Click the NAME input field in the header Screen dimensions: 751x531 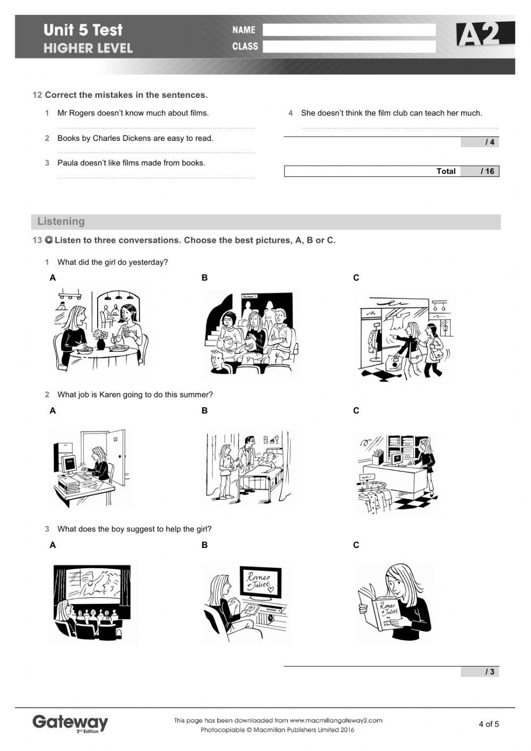349,30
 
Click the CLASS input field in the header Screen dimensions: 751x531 349,47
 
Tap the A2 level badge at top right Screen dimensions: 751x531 484,35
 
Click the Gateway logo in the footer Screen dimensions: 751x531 70,723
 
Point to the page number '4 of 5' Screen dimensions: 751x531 489,724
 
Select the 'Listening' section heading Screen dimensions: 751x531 61,222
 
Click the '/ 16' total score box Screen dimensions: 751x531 480,171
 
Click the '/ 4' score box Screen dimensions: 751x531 480,142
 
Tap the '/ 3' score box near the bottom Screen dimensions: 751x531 480,672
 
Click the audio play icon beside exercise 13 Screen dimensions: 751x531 49,240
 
